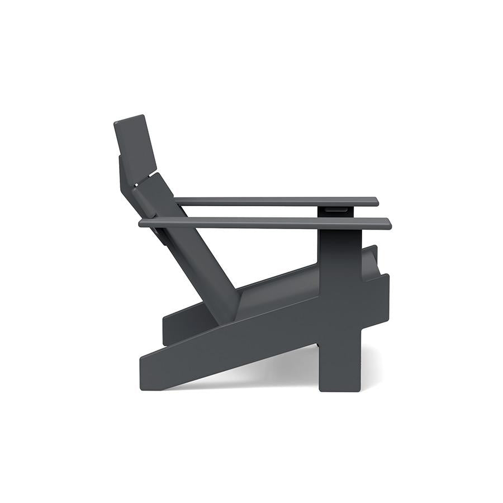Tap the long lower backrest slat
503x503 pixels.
coord(190,246)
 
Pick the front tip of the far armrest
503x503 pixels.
coord(376,201)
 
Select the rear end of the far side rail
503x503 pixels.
coord(166,330)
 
